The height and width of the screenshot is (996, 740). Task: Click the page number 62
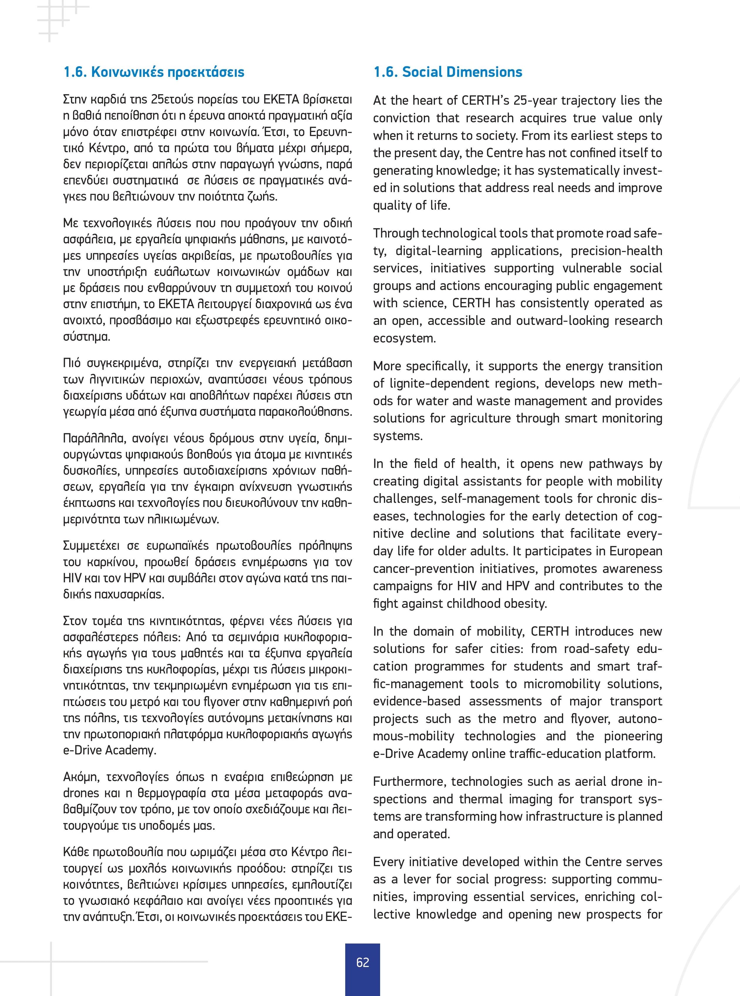click(363, 962)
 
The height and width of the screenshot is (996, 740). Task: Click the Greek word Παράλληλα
click(91, 438)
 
